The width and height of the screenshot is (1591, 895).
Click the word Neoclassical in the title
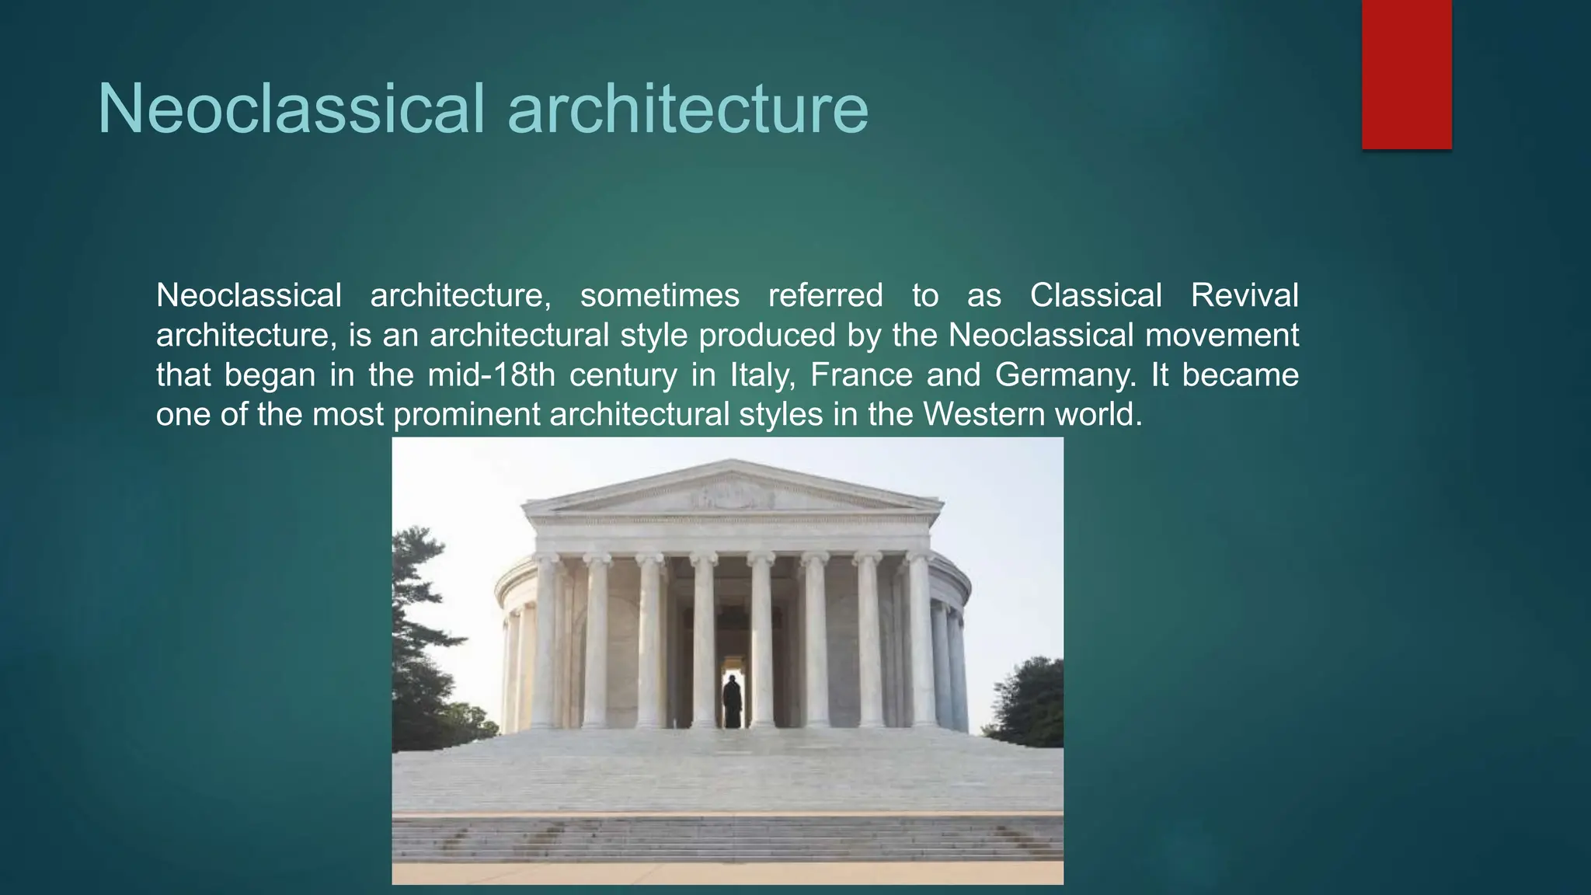tap(291, 109)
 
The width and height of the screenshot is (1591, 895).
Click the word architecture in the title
tap(688, 109)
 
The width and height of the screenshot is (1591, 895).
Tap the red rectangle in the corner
tap(1406, 74)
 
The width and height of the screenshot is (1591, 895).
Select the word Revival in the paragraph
tap(1244, 296)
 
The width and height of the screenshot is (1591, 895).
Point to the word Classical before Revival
tap(1095, 296)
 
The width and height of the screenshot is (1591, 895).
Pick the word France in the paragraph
tap(861, 375)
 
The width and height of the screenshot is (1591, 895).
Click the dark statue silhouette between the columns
tap(732, 701)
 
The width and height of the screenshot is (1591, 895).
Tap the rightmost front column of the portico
tap(921, 641)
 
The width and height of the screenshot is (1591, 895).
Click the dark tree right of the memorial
tap(1029, 699)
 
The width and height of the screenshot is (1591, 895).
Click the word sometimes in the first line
tap(660, 296)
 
